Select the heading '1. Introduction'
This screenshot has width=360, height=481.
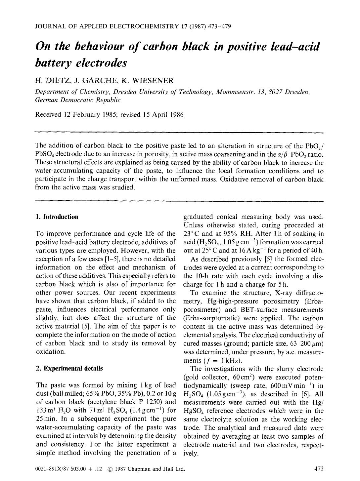(x=57, y=217)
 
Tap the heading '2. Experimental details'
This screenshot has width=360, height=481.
(x=69, y=368)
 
